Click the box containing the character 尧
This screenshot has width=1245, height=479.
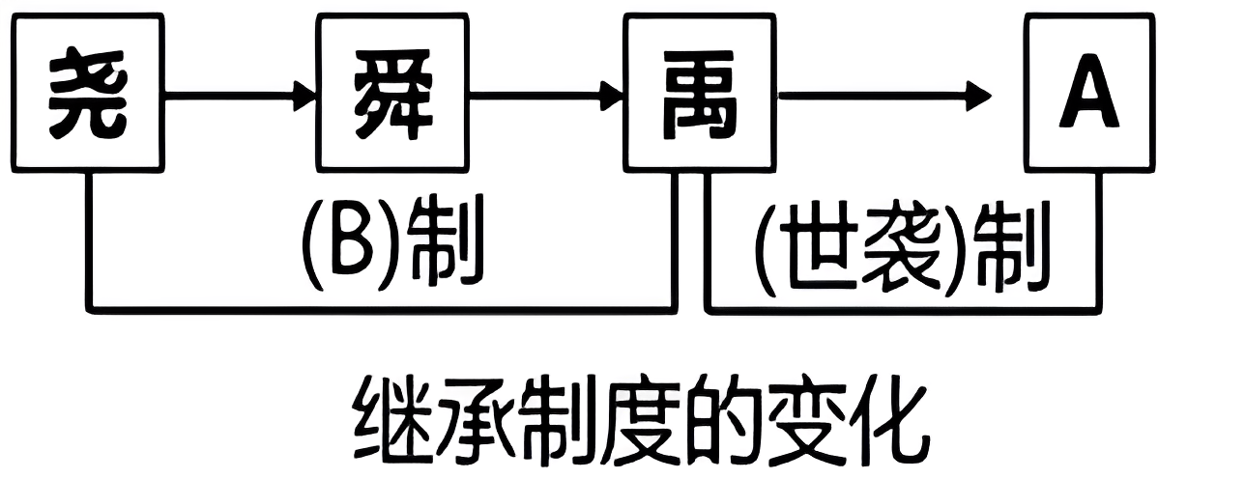coord(88,93)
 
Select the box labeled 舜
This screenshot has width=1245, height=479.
coord(392,93)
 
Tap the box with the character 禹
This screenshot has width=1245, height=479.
coord(700,93)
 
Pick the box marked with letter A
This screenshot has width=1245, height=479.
coord(1089,93)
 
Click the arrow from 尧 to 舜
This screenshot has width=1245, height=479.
coord(242,96)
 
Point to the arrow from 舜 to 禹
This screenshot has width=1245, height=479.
coord(547,96)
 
